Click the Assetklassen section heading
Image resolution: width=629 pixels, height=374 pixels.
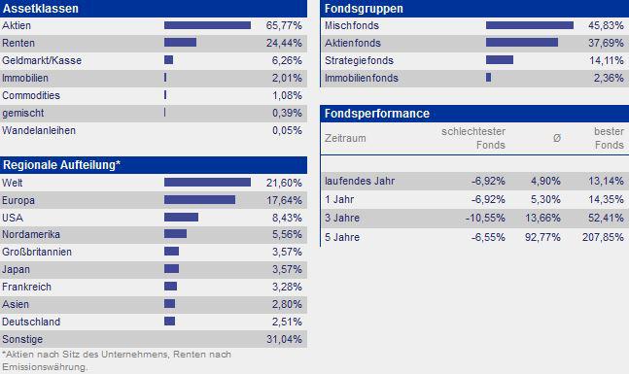[40, 9]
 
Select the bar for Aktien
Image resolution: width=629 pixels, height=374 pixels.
[207, 25]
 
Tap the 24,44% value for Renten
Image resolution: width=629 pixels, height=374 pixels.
[284, 43]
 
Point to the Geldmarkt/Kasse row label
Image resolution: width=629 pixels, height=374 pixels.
[42, 60]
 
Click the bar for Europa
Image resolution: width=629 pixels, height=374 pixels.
[199, 199]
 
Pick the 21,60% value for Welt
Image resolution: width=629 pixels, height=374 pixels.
[284, 183]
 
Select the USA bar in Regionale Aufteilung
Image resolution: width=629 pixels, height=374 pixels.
[181, 218]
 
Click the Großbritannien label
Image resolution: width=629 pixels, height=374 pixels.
[37, 252]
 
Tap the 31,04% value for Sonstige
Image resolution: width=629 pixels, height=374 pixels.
[284, 339]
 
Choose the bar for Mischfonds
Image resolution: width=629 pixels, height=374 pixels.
[530, 25]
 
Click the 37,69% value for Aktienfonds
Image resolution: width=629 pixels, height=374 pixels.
[606, 43]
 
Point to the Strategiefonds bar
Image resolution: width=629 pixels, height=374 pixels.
[500, 60]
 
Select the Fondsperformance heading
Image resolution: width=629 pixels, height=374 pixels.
[376, 114]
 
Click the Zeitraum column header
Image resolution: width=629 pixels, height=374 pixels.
[345, 138]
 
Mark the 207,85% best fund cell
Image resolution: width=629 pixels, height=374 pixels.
[603, 237]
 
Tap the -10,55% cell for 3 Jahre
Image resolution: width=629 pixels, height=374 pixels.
[485, 218]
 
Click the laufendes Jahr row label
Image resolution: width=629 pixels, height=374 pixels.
[360, 182]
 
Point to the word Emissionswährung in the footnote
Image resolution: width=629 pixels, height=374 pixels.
[44, 367]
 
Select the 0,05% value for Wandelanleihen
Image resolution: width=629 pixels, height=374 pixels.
[287, 130]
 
